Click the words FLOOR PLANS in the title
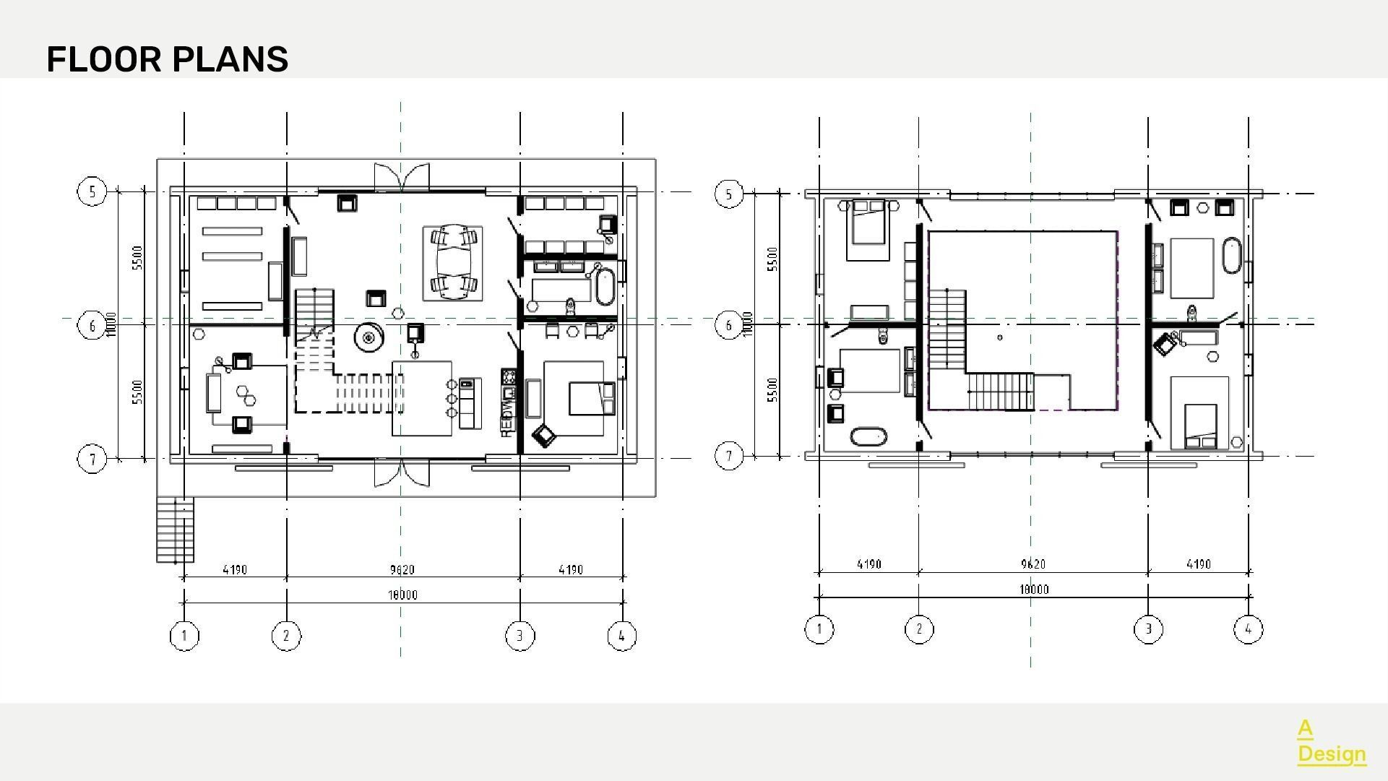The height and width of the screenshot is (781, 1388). [x=167, y=59]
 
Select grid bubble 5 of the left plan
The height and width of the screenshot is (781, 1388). [x=92, y=191]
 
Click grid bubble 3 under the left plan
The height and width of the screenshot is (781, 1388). [x=520, y=636]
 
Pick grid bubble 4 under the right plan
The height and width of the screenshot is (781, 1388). [x=1248, y=629]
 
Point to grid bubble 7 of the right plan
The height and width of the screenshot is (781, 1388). [x=728, y=456]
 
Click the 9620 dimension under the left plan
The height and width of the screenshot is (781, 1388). [x=402, y=570]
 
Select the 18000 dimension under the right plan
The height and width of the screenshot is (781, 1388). [x=1033, y=590]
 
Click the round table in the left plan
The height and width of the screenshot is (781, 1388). [x=368, y=337]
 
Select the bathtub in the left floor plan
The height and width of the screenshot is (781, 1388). [x=605, y=286]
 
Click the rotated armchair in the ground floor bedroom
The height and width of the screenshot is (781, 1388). [x=543, y=435]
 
